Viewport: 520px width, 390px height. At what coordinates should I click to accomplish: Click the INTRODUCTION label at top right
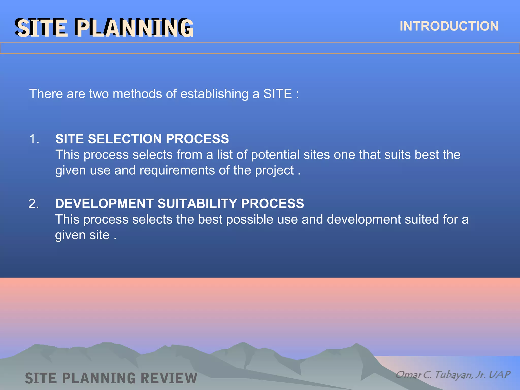coord(449,26)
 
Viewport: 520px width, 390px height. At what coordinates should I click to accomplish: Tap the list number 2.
coord(34,204)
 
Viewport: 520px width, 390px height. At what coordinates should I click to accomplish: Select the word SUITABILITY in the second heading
coord(197,204)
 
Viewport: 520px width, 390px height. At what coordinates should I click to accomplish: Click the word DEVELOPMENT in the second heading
coord(104,204)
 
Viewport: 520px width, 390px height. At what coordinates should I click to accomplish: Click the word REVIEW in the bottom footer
coord(169,378)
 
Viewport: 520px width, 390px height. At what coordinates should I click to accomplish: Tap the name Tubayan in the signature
coord(453,375)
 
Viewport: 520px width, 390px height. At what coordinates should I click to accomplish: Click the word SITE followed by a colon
coord(277,94)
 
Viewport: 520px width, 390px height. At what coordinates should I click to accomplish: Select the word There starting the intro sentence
coord(46,94)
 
